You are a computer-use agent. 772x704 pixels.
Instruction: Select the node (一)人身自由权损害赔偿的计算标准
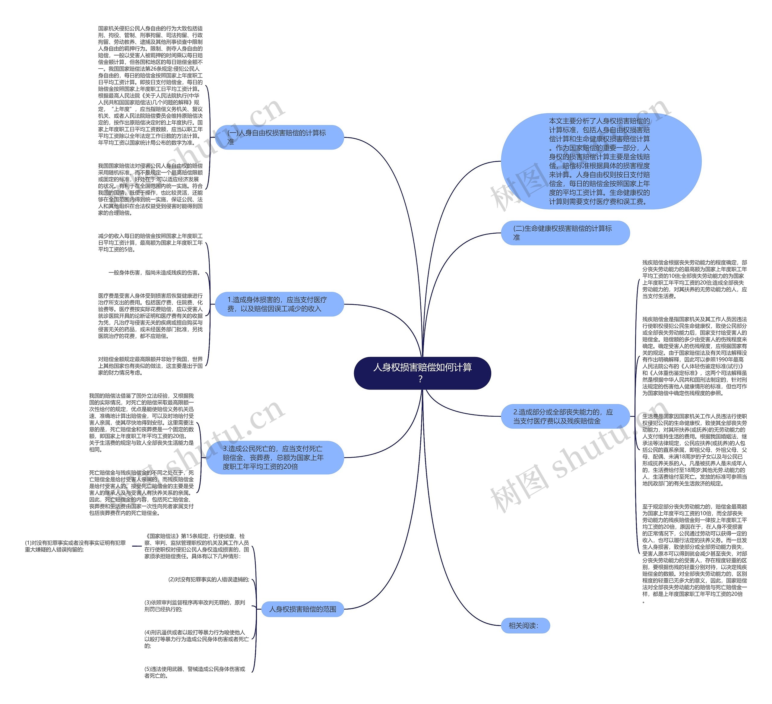(x=279, y=137)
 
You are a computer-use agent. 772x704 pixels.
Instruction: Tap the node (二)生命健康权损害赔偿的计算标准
(x=565, y=233)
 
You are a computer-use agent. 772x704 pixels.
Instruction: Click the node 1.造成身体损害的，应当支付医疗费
(x=279, y=304)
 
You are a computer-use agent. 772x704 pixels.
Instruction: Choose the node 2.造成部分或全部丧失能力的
(x=565, y=416)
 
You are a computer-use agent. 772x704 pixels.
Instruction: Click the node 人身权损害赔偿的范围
(x=302, y=609)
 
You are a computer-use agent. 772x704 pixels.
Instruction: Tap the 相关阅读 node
(x=525, y=626)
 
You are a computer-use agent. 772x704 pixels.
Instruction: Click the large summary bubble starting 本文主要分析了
(x=600, y=161)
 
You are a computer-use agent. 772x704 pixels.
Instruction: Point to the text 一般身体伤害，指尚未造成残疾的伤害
(x=154, y=273)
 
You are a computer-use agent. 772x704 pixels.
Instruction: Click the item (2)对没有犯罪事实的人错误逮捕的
(x=208, y=579)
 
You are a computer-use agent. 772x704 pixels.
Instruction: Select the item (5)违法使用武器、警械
(x=195, y=672)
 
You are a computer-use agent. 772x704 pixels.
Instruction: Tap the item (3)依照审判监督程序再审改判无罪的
(x=195, y=606)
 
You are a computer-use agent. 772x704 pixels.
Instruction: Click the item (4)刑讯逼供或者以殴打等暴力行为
(x=196, y=639)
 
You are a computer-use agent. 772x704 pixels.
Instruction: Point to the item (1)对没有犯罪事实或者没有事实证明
(x=75, y=546)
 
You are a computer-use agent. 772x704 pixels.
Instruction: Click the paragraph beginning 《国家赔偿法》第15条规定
(x=196, y=546)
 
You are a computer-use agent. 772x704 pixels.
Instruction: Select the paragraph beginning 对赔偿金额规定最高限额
(x=150, y=366)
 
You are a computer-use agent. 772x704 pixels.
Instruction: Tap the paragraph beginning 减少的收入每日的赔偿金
(x=150, y=243)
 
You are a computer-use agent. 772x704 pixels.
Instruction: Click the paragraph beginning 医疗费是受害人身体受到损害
(x=150, y=316)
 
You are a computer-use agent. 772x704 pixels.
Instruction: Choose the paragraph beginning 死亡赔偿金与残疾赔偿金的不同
(x=141, y=493)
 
